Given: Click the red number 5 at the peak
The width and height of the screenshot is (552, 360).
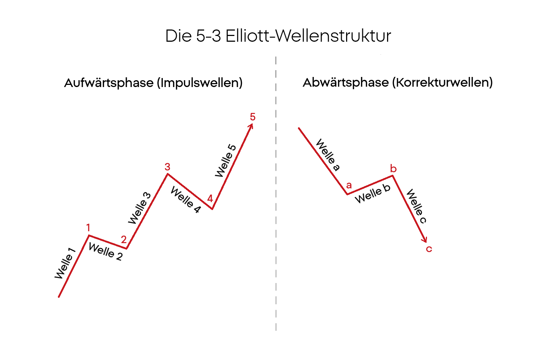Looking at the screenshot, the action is pyautogui.click(x=253, y=117).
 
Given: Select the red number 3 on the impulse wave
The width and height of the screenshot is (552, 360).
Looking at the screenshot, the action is pyautogui.click(x=167, y=167).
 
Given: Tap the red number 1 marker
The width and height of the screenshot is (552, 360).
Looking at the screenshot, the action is pyautogui.click(x=88, y=228).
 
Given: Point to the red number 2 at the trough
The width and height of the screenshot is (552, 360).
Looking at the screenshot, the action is pyautogui.click(x=124, y=240).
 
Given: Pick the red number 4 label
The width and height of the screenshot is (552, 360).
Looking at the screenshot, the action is pyautogui.click(x=210, y=199).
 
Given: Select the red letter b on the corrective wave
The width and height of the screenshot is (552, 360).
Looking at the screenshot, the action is pyautogui.click(x=394, y=169).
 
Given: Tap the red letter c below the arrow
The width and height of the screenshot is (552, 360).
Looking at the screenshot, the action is pyautogui.click(x=429, y=249).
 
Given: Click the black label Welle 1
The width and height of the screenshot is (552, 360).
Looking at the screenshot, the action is pyautogui.click(x=65, y=264).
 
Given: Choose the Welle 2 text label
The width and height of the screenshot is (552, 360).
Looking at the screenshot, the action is pyautogui.click(x=105, y=251).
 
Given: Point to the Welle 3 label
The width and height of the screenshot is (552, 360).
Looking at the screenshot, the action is pyautogui.click(x=140, y=208).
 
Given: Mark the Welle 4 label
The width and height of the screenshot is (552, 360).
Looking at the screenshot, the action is pyautogui.click(x=185, y=200).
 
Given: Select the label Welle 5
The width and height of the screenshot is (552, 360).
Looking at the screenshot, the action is pyautogui.click(x=226, y=160).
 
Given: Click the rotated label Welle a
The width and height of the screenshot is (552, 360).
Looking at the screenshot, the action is pyautogui.click(x=327, y=155).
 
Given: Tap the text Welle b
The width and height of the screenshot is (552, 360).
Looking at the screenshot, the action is pyautogui.click(x=372, y=193).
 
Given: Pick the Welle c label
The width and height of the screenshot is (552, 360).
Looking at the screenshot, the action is pyautogui.click(x=416, y=206).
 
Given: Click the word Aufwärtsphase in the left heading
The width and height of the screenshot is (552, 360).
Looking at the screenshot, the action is pyautogui.click(x=109, y=83).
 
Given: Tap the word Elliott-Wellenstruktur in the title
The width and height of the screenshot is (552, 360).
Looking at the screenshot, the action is pyautogui.click(x=308, y=36).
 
